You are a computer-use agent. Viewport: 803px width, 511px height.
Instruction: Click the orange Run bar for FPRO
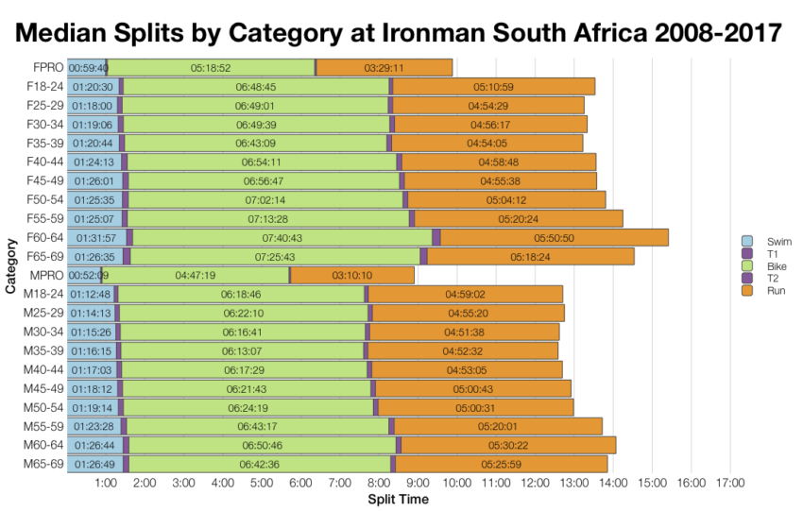click(x=384, y=68)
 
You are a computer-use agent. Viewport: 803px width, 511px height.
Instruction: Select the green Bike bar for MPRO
click(x=196, y=275)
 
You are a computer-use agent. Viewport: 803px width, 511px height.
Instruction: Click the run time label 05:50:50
click(x=554, y=238)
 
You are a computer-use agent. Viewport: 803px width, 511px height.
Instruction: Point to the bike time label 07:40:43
click(x=282, y=238)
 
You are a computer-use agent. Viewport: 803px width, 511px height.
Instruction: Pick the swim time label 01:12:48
click(x=90, y=294)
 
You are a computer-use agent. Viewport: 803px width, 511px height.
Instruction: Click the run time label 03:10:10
click(x=351, y=276)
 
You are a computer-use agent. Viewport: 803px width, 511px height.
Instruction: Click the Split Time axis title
click(x=398, y=499)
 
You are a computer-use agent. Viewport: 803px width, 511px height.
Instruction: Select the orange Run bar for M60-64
click(x=508, y=445)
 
